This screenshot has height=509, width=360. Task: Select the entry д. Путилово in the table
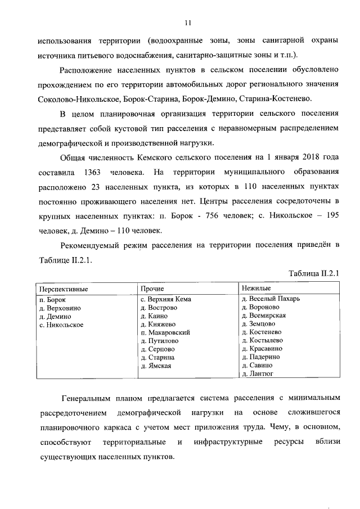(160, 341)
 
